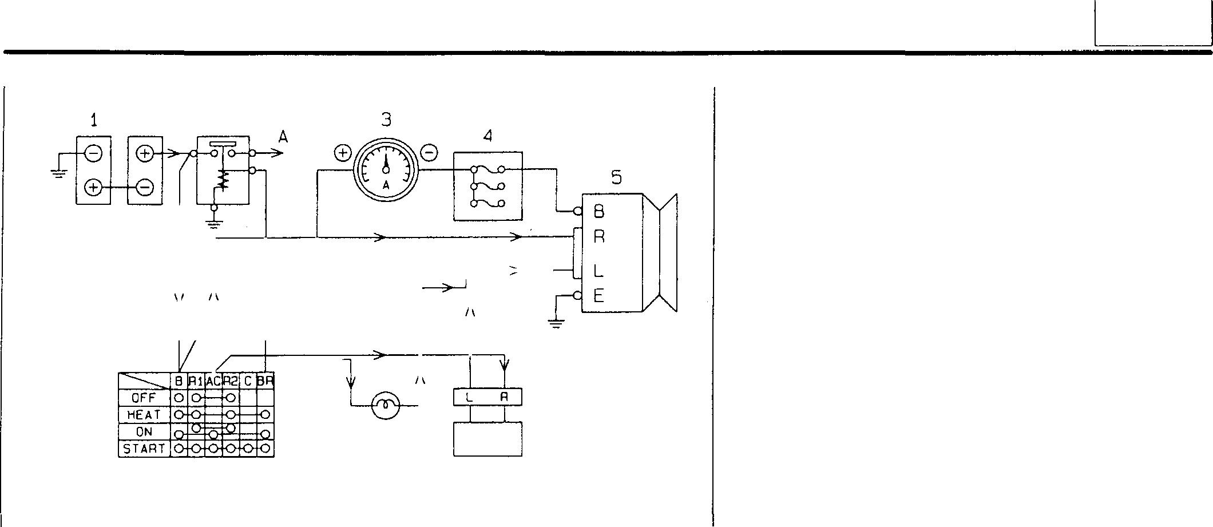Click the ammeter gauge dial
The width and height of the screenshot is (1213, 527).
pos(386,169)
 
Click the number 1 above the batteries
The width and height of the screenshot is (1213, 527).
pos(94,120)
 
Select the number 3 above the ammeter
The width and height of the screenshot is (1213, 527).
pos(387,120)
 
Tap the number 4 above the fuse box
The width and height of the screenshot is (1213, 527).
pos(487,136)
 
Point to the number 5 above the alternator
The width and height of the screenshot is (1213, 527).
pos(616,178)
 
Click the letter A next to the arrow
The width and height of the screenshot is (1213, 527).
pos(283,137)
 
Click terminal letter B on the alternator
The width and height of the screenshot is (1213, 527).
pos(598,212)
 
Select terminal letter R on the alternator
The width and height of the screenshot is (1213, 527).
pos(598,237)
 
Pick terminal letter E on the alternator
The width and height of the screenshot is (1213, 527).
pos(598,296)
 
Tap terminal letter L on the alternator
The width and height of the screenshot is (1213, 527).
pos(598,271)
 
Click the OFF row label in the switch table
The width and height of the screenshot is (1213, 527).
pos(144,398)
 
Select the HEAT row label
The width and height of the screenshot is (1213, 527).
pos(144,414)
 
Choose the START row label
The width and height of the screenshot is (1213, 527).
pos(144,449)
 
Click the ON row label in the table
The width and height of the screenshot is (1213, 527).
pos(144,431)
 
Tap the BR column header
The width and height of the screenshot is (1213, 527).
pos(265,381)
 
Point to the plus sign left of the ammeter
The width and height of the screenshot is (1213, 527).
pos(342,153)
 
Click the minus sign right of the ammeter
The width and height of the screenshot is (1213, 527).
pos(429,153)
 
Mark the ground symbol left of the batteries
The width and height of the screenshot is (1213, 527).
pos(58,172)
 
